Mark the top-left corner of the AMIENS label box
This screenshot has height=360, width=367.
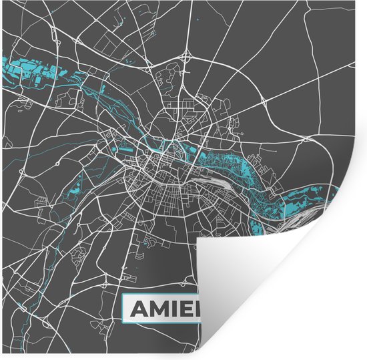122,297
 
